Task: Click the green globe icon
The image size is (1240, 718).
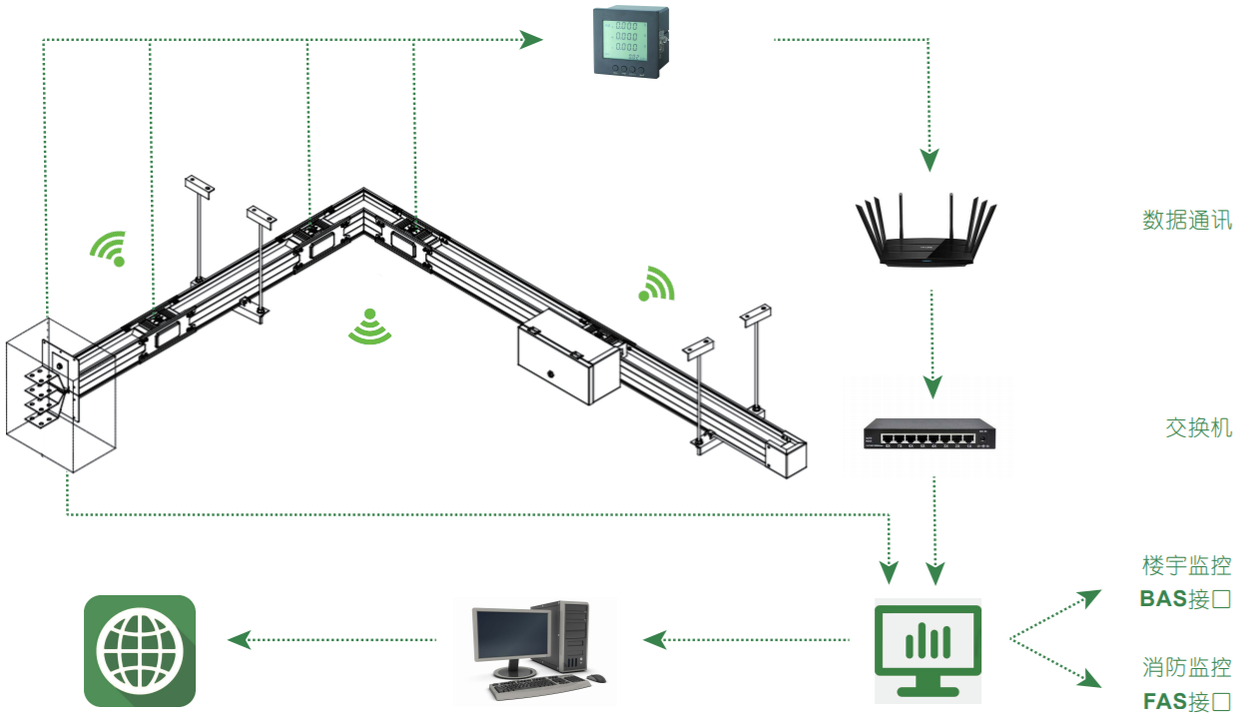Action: coord(140,651)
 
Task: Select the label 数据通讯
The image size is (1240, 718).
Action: coord(1187,221)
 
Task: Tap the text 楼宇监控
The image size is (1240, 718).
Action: coord(1187,565)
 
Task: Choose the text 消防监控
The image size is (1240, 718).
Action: coord(1187,667)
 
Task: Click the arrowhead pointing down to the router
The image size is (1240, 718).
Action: coord(930,160)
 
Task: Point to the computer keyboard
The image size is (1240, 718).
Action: coord(540,688)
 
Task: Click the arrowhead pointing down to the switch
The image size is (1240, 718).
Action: coord(931,385)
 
